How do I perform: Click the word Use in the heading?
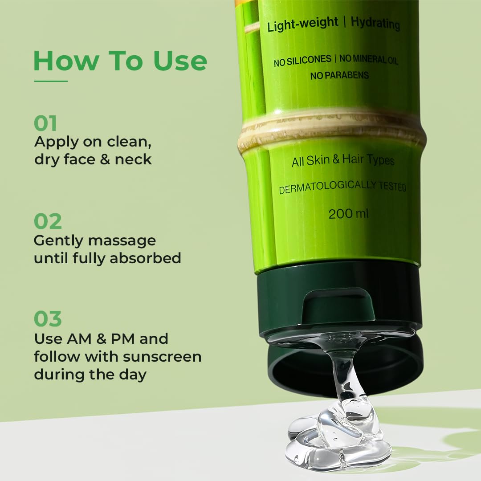[180, 61]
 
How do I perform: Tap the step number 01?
[45, 123]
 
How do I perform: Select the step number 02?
[48, 221]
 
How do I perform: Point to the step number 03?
[48, 318]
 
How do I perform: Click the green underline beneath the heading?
[51, 82]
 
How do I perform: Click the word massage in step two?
[122, 241]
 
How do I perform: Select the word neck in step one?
[133, 159]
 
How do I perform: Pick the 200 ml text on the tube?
[348, 213]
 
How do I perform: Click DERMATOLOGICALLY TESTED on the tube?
[342, 187]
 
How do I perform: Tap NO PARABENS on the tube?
[339, 75]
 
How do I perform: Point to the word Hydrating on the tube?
[375, 23]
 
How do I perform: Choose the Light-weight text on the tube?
[302, 24]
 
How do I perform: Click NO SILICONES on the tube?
[302, 61]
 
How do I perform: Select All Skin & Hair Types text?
[343, 160]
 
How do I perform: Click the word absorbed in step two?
[145, 258]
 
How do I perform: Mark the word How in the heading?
[66, 61]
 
